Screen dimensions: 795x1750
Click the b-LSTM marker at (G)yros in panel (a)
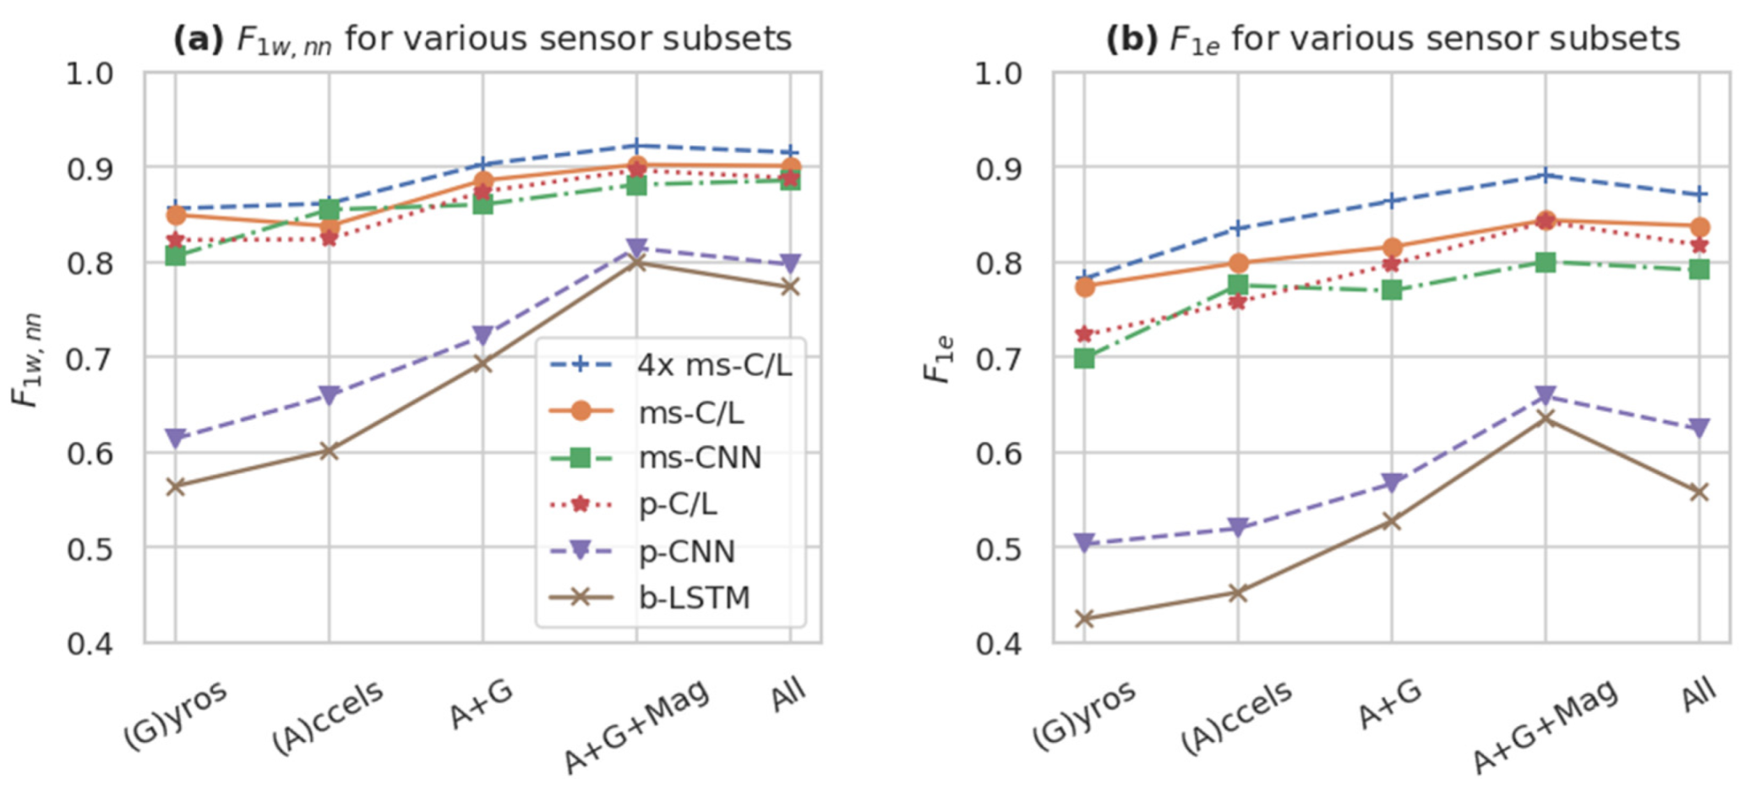[176, 487]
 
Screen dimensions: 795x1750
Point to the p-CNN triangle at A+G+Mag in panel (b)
[1546, 395]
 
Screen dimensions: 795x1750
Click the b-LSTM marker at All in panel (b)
[1699, 493]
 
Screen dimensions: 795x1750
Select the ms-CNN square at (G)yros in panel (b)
[1084, 358]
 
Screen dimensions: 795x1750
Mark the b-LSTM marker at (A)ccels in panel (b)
[1238, 593]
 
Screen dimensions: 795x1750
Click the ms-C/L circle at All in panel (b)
[1699, 227]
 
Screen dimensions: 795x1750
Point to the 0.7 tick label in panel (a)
[90, 358]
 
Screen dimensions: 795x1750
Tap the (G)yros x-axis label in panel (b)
[1083, 715]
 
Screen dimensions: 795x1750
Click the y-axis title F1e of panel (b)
[940, 358]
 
